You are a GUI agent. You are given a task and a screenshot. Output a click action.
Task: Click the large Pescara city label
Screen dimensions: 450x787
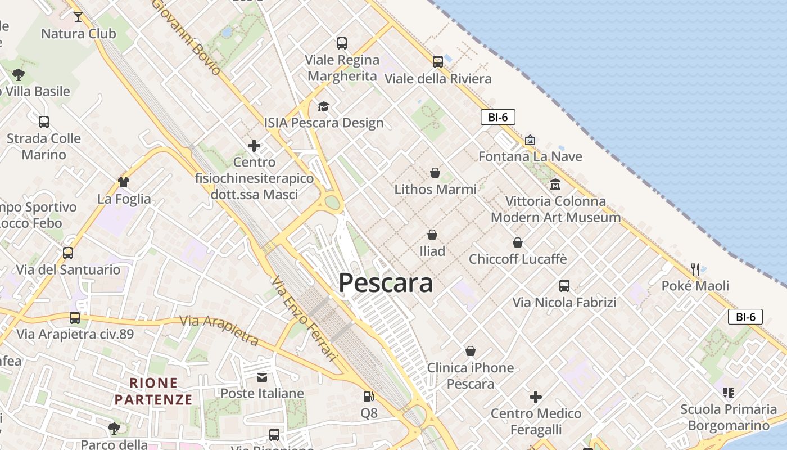[x=386, y=283]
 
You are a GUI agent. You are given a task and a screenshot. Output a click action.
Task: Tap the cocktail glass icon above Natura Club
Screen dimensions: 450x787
[x=78, y=17]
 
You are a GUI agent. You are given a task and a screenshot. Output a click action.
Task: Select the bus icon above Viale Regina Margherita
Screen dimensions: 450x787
[x=341, y=43]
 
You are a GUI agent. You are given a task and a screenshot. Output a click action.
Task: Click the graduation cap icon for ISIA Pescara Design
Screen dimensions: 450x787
[x=323, y=106]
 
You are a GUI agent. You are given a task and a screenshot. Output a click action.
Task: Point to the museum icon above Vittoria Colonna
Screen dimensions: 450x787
[x=555, y=184]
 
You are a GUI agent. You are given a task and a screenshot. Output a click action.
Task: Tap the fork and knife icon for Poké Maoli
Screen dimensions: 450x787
[x=695, y=269]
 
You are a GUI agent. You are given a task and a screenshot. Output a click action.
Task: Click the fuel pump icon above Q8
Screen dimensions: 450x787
[x=368, y=397]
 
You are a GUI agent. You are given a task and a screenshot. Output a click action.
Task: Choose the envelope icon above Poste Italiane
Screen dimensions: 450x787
[x=262, y=377]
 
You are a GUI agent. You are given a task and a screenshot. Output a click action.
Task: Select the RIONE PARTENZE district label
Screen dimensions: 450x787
[x=153, y=391]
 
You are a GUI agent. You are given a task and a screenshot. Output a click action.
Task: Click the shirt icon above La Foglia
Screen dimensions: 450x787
[x=124, y=182]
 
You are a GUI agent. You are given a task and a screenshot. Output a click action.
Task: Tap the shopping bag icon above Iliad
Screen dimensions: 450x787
[x=432, y=234]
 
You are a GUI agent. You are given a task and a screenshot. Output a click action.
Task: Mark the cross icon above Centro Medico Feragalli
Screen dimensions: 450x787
[x=536, y=397]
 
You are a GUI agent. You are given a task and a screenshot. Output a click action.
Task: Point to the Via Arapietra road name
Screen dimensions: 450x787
[x=219, y=330]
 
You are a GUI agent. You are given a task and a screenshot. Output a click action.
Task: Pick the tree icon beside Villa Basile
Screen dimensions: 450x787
[x=19, y=74]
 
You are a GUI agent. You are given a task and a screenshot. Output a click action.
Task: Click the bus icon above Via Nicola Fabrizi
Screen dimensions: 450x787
[x=564, y=286]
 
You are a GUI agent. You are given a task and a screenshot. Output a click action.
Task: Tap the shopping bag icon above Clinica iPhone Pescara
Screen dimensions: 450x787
[x=471, y=351]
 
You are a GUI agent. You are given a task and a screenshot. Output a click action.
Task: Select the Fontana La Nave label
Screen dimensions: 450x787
[x=530, y=156]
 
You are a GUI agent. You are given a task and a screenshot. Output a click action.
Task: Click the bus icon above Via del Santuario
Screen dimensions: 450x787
[x=68, y=253]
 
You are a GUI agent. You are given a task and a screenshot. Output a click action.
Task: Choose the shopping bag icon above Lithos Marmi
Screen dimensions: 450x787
[x=435, y=172]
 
